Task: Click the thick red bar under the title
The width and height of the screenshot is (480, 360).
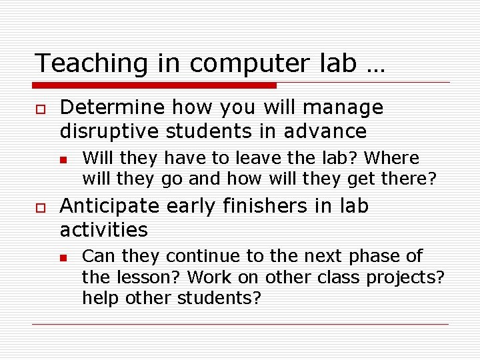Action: point(155,85)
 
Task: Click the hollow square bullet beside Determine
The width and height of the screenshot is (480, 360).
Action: point(40,109)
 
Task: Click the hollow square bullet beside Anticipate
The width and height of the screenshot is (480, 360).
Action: point(40,207)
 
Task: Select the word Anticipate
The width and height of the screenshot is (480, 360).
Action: point(111,207)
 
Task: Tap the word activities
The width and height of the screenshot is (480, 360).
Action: point(103,230)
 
